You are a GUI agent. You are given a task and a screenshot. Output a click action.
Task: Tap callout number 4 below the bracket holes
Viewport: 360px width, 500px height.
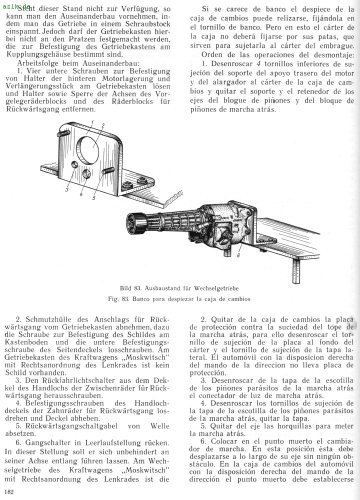pos(80,193)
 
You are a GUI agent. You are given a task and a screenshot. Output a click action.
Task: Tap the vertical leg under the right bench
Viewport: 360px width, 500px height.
pos(296,270)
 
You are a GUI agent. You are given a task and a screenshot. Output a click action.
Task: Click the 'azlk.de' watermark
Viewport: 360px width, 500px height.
pos(15,6)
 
